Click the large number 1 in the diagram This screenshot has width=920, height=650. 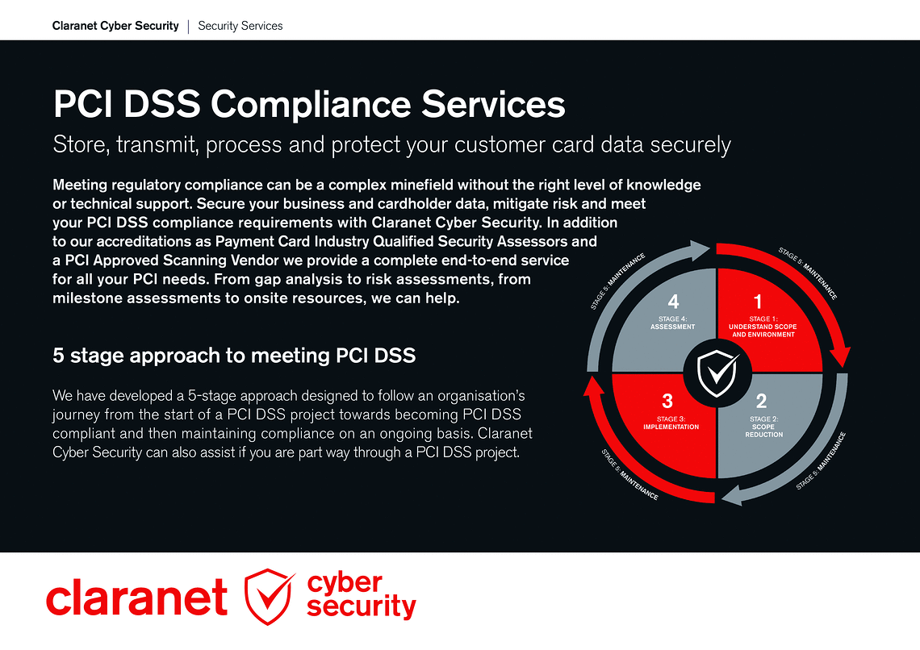758,302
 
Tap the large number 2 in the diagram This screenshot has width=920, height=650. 761,401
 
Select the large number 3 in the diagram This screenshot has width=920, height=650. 667,401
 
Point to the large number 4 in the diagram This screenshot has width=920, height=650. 674,302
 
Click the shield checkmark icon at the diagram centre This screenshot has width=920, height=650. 717,373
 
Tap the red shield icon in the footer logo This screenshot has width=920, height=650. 270,596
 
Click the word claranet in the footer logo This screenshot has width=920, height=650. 136,598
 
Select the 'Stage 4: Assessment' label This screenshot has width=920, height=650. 672,323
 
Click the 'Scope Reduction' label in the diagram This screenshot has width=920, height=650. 763,430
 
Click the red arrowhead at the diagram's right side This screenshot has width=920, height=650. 842,357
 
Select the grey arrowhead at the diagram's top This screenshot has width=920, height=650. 700,250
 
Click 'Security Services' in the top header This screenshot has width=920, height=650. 240,26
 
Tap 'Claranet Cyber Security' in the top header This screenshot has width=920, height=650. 115,26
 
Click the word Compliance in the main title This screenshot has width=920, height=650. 311,104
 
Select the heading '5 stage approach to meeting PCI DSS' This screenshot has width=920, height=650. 234,356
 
